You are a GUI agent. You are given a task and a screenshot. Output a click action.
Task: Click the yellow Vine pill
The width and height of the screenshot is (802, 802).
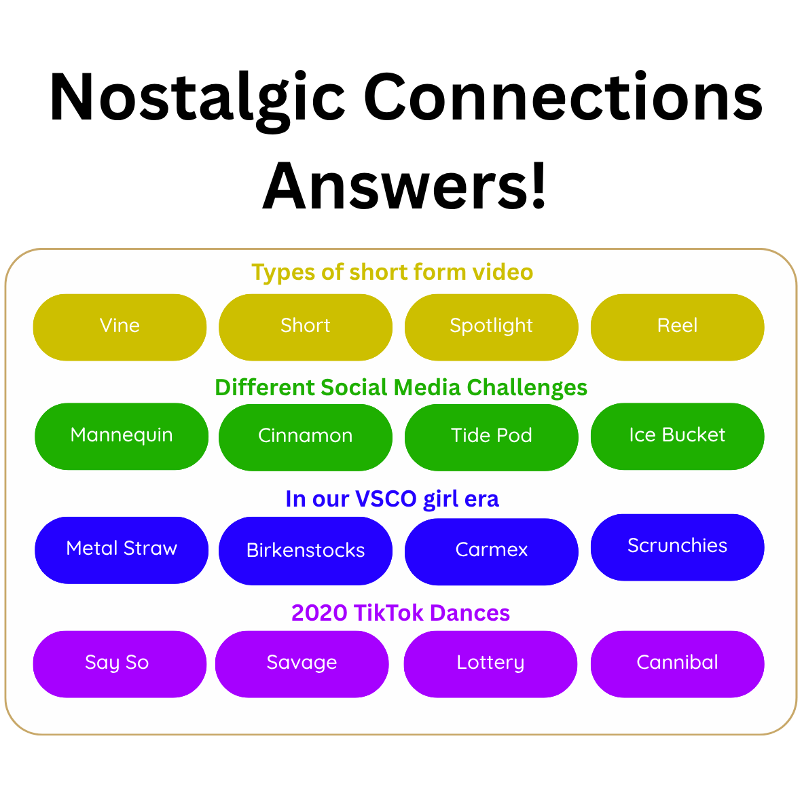tap(120, 327)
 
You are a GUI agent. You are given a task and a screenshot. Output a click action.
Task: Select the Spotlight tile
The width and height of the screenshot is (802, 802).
tap(492, 327)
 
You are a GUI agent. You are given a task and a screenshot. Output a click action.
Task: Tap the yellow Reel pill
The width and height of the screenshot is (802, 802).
tap(677, 327)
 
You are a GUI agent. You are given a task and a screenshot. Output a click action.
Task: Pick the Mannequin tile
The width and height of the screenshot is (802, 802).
tap(122, 436)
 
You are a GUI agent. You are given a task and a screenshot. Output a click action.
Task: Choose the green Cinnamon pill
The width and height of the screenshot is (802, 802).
tap(306, 437)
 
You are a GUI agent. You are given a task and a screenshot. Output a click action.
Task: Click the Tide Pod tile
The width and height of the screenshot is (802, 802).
tap(492, 437)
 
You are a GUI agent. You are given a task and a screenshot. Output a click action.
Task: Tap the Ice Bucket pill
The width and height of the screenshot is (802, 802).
tap(677, 436)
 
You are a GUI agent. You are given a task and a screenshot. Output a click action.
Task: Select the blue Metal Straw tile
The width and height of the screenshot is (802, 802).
tap(122, 550)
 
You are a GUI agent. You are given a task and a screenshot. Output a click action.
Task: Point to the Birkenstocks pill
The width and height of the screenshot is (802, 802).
tap(306, 551)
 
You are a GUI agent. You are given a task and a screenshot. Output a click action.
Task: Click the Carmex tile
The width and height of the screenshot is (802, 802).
tap(492, 551)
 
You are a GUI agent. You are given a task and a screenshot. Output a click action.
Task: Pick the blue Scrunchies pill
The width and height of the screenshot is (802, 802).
tap(677, 547)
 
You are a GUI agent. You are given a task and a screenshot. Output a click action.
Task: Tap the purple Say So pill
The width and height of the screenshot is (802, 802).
tap(120, 664)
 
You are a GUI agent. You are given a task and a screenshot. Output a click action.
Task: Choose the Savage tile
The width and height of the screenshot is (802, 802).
tap(302, 664)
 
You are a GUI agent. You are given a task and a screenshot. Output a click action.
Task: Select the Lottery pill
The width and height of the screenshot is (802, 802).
tap(490, 664)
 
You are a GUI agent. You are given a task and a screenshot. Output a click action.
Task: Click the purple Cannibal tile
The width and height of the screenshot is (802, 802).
tap(677, 664)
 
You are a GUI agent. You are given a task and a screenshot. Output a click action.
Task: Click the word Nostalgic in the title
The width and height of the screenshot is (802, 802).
tap(198, 101)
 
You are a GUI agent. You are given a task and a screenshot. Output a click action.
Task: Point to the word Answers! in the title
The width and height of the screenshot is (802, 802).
tap(405, 185)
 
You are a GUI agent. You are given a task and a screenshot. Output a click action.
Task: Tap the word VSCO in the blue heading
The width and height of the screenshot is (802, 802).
tap(386, 498)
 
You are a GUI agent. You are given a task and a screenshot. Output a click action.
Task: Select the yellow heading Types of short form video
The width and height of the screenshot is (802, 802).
tap(393, 272)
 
